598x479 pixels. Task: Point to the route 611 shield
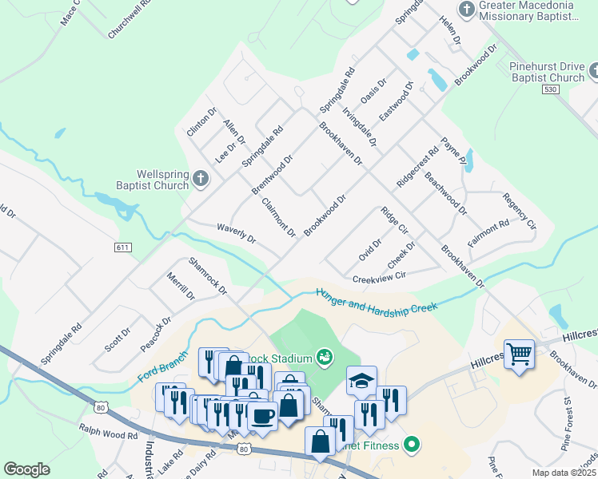coord(122,248)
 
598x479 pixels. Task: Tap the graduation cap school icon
coord(361,380)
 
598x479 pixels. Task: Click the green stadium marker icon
coord(325,356)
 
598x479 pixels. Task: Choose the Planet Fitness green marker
coord(412,445)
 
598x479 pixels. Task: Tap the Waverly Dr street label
coord(236,233)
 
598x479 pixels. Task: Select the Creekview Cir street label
coord(380,277)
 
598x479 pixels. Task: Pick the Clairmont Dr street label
coord(279,217)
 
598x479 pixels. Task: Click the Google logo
coord(26,469)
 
